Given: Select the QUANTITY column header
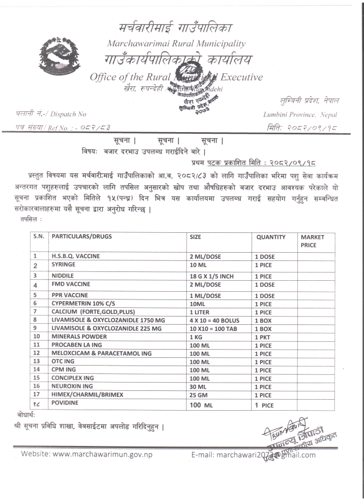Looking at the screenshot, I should coord(271,237).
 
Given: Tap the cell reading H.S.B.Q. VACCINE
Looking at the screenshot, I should coord(78,256).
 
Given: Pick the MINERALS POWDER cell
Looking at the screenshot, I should coord(79,336).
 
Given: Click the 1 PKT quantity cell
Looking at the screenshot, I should coord(263,336).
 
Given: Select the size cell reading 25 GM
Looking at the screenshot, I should coord(198,394).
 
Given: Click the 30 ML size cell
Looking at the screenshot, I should coord(198,386).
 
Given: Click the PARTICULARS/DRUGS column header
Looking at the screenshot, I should coord(82,237).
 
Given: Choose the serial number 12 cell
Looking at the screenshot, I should coord(38,352).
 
